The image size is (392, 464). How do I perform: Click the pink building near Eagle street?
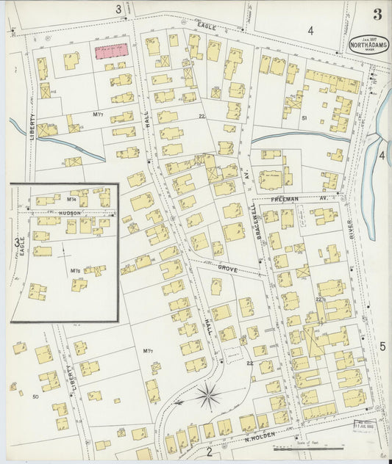[x=110, y=51]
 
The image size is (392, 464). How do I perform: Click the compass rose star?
[x=209, y=397]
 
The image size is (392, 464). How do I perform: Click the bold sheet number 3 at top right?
[x=377, y=14]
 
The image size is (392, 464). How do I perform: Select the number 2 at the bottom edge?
[x=209, y=452]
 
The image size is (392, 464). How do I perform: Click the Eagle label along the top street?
[x=207, y=26]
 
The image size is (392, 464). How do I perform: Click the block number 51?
[x=304, y=117]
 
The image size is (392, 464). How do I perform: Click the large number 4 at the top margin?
[x=310, y=30]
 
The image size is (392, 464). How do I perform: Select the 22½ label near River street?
[x=320, y=299]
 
